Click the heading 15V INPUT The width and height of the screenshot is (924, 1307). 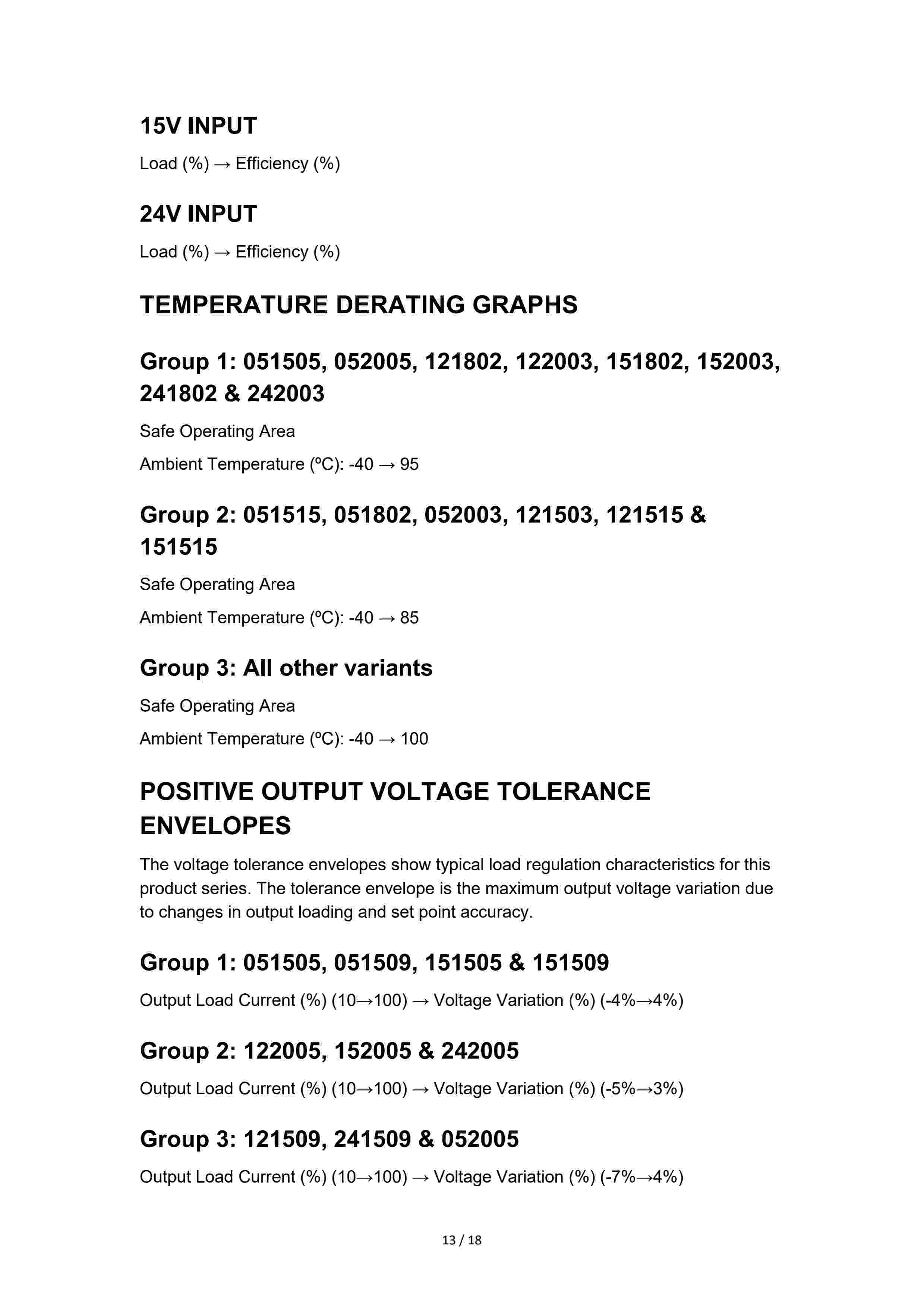(198, 126)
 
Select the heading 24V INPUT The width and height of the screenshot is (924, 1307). (198, 214)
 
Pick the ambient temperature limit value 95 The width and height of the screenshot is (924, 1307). (409, 465)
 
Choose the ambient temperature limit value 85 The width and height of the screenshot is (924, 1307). (409, 618)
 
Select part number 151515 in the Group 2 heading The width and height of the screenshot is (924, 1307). (178, 547)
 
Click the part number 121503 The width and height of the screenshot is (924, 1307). (554, 515)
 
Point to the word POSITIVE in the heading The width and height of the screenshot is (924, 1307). (196, 792)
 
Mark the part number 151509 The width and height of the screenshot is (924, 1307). (570, 963)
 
